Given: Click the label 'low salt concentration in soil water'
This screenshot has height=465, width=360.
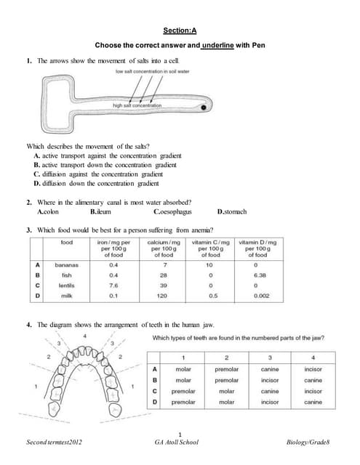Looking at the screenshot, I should pyautogui.click(x=153, y=71).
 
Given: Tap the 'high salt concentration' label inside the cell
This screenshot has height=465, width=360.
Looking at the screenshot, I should pyautogui.click(x=137, y=105).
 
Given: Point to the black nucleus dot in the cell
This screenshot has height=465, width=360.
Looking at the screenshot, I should pyautogui.click(x=205, y=108).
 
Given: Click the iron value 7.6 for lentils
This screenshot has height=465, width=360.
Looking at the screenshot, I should pyautogui.click(x=113, y=286).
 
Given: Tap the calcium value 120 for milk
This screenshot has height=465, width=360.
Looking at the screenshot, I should pyautogui.click(x=164, y=296).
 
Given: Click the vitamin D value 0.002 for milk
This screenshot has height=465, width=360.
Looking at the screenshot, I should pyautogui.click(x=257, y=296).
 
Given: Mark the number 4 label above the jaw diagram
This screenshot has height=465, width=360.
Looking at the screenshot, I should pyautogui.click(x=85, y=336).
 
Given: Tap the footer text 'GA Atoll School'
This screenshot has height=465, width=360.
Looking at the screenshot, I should pyautogui.click(x=180, y=442).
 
